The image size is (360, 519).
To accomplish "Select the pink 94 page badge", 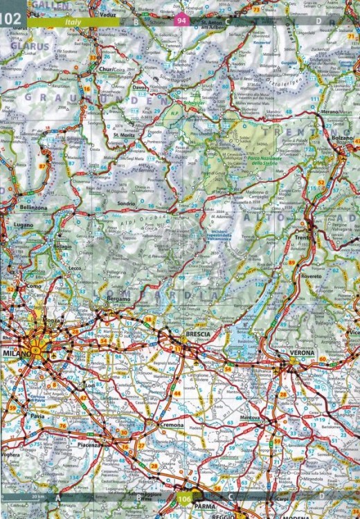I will click(181, 21).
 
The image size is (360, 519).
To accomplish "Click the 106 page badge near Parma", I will click(184, 500).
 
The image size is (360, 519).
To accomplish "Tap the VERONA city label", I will click(302, 353).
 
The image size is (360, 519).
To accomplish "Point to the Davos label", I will click(141, 87).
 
